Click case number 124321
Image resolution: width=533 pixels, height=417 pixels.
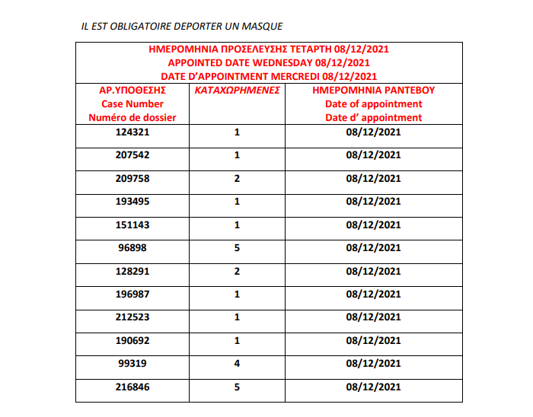point(132,132)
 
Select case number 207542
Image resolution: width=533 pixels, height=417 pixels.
point(132,155)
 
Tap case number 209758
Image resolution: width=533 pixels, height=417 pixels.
point(132,178)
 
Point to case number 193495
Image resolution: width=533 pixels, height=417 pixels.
point(132,202)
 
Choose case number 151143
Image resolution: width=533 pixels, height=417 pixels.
point(132,224)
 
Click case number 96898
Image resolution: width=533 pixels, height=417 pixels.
point(132,248)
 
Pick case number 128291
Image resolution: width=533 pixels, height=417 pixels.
point(132,271)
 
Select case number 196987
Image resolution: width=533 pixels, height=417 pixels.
point(132,294)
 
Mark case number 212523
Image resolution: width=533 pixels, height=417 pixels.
point(132,317)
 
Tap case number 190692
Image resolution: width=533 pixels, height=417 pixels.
point(132,341)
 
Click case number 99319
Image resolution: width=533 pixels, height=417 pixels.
point(132,364)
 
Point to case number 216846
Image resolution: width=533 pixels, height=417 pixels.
point(132,387)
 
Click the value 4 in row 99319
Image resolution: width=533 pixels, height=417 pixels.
point(238,364)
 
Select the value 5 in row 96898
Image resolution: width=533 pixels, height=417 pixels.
point(238,248)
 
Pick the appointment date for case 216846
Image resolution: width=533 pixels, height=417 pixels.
point(373,387)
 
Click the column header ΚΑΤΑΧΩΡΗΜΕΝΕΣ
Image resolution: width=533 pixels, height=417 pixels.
point(238,90)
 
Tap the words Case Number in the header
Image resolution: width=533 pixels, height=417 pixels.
point(132,103)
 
